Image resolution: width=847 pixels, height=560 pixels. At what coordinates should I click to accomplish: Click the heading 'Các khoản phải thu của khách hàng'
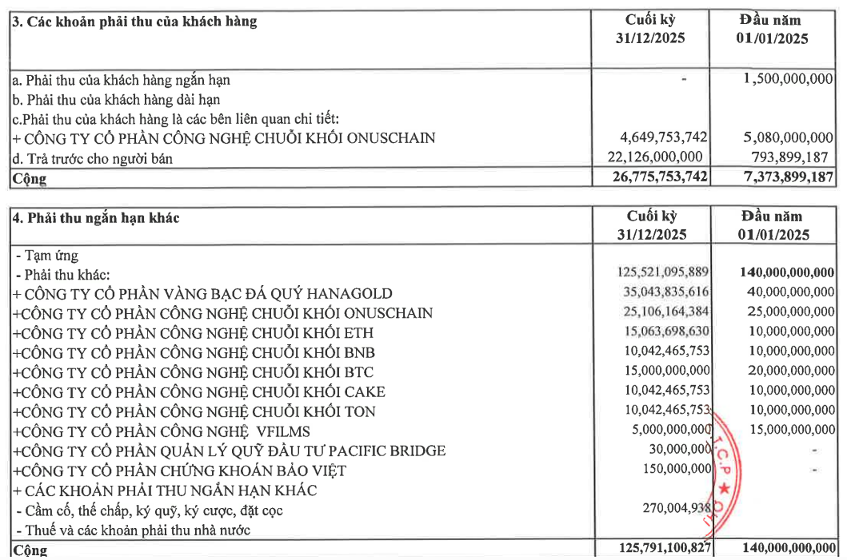pyautogui.click(x=142, y=22)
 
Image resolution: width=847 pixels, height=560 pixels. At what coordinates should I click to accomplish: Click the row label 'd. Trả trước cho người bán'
pyautogui.click(x=93, y=158)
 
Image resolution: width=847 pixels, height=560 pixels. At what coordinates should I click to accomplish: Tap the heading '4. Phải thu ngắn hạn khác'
pyautogui.click(x=95, y=216)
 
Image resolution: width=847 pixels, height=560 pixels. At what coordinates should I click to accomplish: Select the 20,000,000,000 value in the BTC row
pyautogui.click(x=784, y=371)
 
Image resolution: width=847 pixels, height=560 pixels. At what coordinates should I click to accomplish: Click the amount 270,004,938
pyautogui.click(x=672, y=509)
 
